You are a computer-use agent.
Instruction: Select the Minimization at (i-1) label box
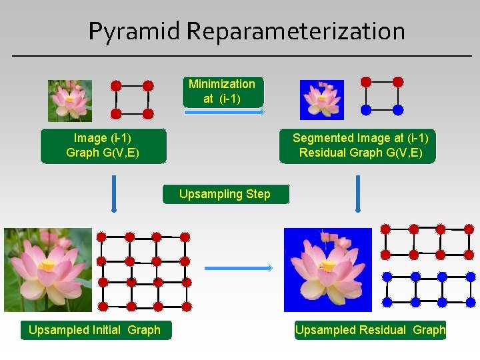[x=222, y=91]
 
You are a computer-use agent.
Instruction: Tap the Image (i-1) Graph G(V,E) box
[x=103, y=146]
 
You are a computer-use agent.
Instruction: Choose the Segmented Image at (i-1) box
[x=360, y=146]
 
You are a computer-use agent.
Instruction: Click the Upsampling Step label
[x=225, y=194]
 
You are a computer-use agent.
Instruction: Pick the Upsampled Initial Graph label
[x=95, y=330]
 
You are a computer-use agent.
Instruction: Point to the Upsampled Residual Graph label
[x=370, y=330]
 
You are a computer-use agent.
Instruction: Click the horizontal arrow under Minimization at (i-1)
[x=224, y=113]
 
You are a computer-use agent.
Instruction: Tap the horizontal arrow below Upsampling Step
[x=238, y=268]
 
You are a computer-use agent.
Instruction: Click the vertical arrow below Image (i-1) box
[x=114, y=193]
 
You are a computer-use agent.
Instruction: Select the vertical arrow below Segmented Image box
[x=358, y=193]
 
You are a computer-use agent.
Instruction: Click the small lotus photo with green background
[x=70, y=101]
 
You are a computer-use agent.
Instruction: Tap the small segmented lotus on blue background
[x=322, y=99]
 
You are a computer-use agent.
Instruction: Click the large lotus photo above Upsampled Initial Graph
[x=48, y=270]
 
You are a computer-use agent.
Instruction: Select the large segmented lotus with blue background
[x=327, y=270]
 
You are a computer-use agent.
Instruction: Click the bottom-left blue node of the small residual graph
[x=366, y=109]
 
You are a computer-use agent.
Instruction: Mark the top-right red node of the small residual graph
[x=398, y=82]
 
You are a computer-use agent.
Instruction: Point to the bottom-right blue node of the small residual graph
[x=398, y=109]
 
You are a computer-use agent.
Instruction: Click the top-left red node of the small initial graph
[x=116, y=86]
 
